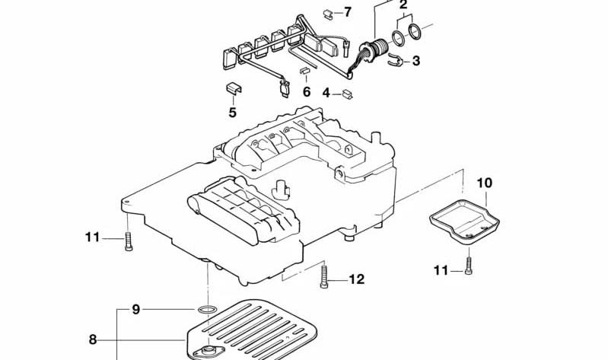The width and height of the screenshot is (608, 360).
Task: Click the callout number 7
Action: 348,12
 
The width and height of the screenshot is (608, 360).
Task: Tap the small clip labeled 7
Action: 328,14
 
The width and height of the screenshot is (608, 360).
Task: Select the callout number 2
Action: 403,5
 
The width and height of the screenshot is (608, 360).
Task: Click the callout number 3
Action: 415,61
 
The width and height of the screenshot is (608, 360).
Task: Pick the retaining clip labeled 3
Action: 396,59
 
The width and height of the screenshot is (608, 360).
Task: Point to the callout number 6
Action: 307,92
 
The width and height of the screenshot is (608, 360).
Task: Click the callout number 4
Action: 326,93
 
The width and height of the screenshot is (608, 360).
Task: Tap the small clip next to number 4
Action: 347,94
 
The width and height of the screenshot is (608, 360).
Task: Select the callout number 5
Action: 232,113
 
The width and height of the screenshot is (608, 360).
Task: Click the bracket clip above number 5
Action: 234,88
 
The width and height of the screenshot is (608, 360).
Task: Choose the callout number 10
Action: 484,183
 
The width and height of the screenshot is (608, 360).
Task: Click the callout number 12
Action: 357,279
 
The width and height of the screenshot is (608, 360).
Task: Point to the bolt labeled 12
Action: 324,277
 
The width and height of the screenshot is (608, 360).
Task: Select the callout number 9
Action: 135,310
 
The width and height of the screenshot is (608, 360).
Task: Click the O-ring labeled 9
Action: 207,310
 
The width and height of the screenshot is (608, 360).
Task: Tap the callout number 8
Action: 92,339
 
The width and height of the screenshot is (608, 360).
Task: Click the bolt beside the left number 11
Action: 129,241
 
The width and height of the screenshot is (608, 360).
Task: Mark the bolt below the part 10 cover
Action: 469,266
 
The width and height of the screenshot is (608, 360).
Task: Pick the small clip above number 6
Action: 305,71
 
